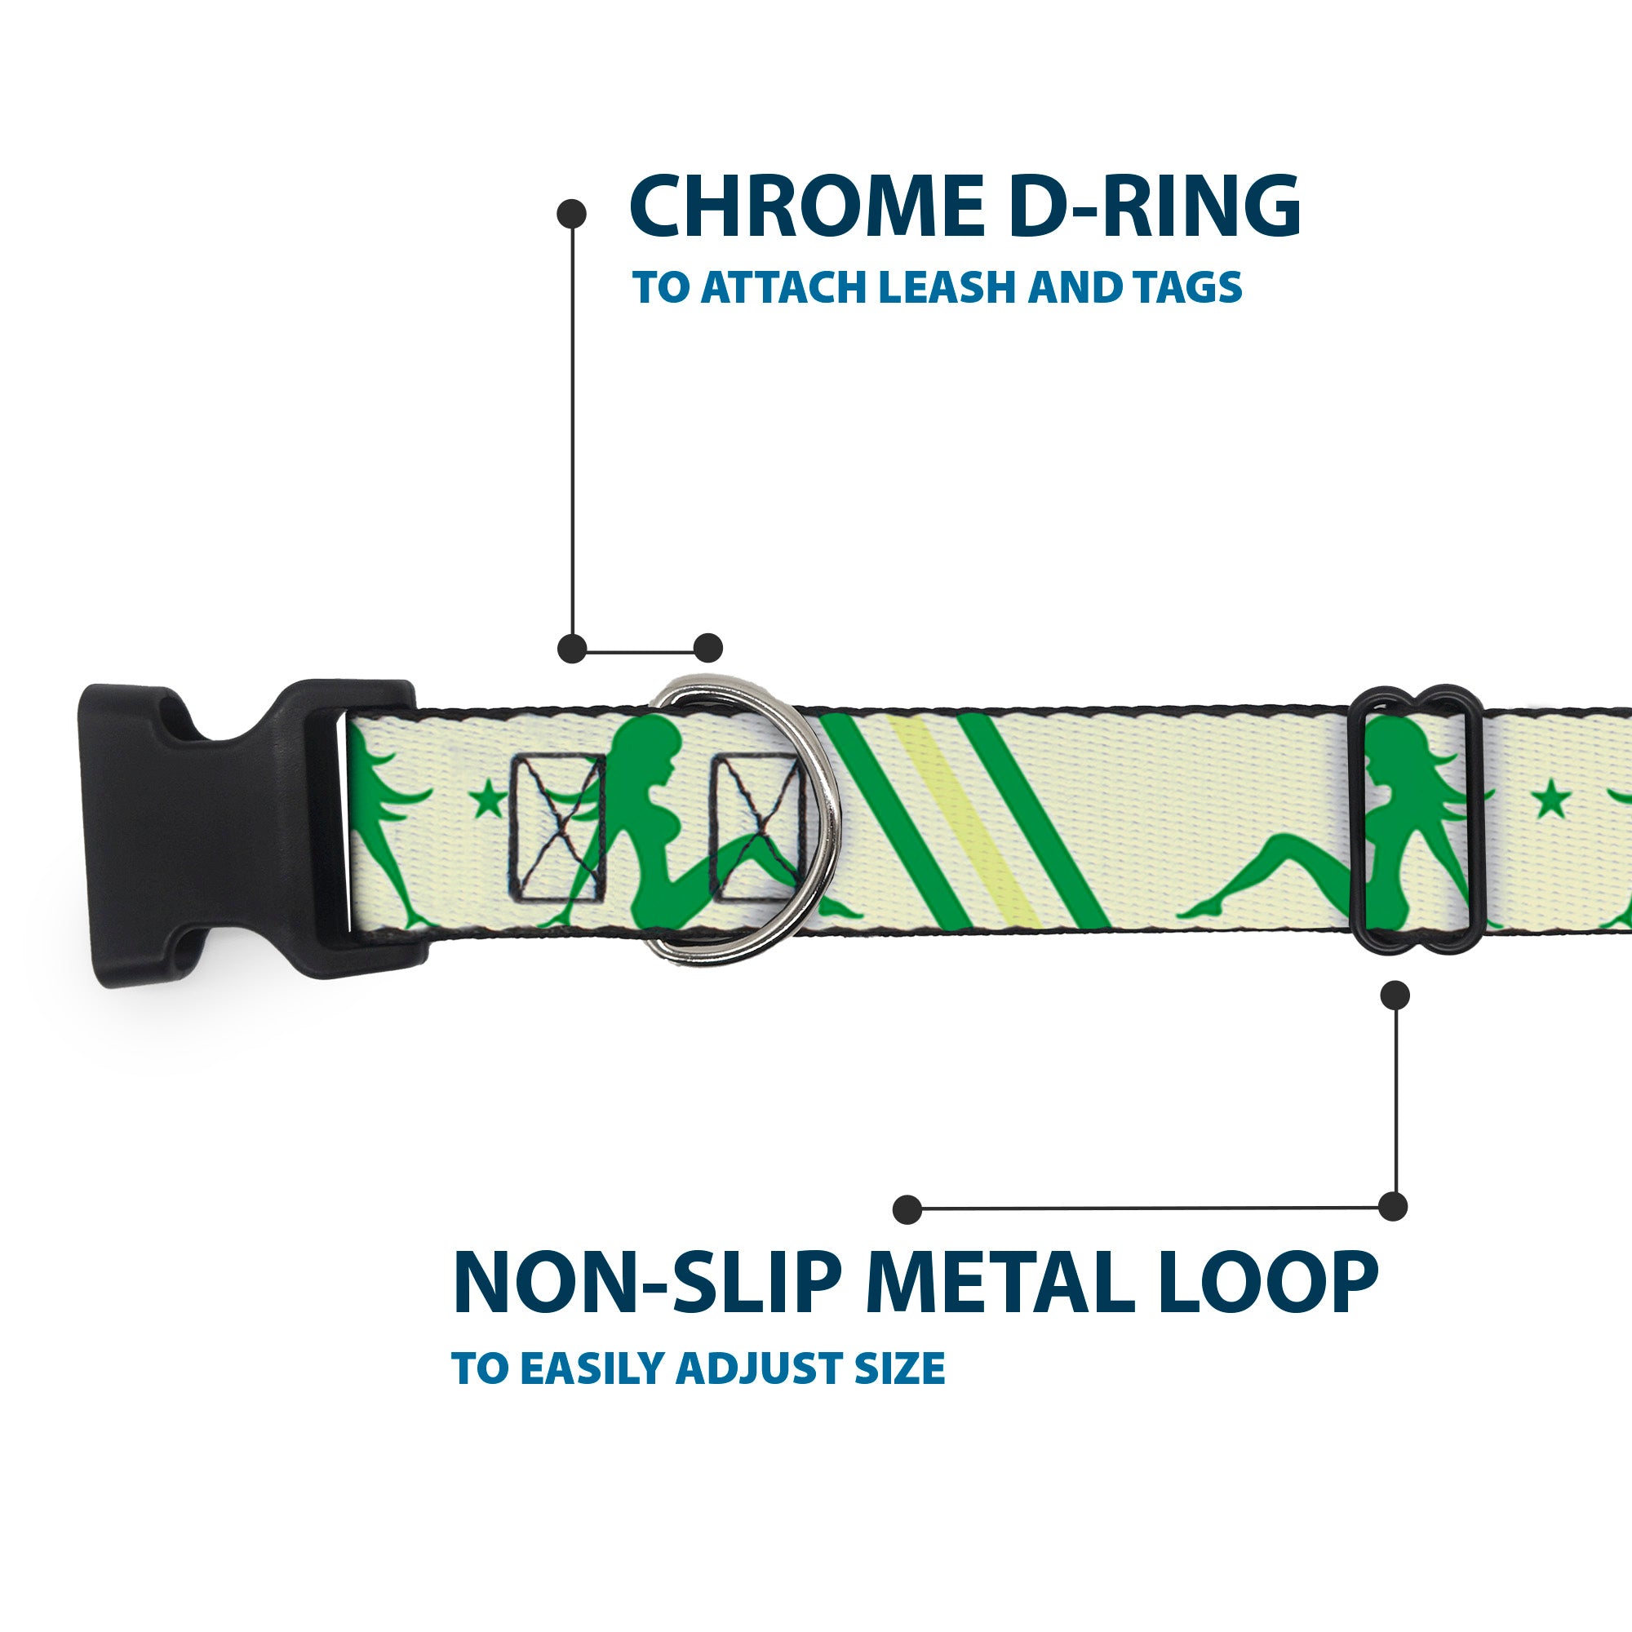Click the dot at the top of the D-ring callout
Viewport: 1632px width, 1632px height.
coord(572,213)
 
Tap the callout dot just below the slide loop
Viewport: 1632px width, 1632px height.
coord(1395,995)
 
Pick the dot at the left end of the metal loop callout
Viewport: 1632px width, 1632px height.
coord(907,1208)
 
